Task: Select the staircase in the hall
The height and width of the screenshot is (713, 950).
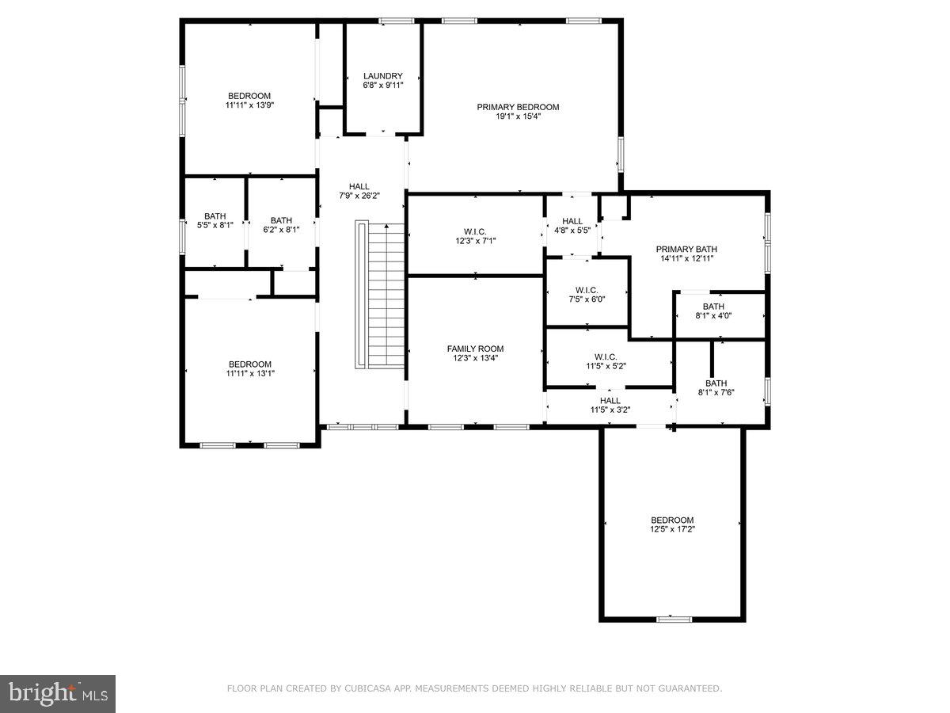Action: (x=380, y=295)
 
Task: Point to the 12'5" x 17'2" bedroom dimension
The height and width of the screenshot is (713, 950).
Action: (x=673, y=529)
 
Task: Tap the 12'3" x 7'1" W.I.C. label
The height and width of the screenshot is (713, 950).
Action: (x=475, y=236)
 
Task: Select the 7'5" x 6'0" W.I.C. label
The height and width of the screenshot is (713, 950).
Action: (x=587, y=295)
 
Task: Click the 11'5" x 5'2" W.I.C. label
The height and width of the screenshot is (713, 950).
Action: (x=606, y=361)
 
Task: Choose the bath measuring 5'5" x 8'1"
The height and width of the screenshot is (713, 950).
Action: (x=215, y=220)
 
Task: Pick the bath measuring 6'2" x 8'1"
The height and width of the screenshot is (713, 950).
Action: (x=281, y=225)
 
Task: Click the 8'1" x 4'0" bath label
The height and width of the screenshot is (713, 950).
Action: (x=713, y=311)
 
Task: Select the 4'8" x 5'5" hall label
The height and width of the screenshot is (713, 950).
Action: (x=572, y=226)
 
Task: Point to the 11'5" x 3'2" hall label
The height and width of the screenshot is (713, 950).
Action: (x=610, y=405)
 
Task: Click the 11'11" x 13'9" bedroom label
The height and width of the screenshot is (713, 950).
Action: (x=249, y=100)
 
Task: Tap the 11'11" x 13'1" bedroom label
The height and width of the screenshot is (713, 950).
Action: (x=249, y=368)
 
